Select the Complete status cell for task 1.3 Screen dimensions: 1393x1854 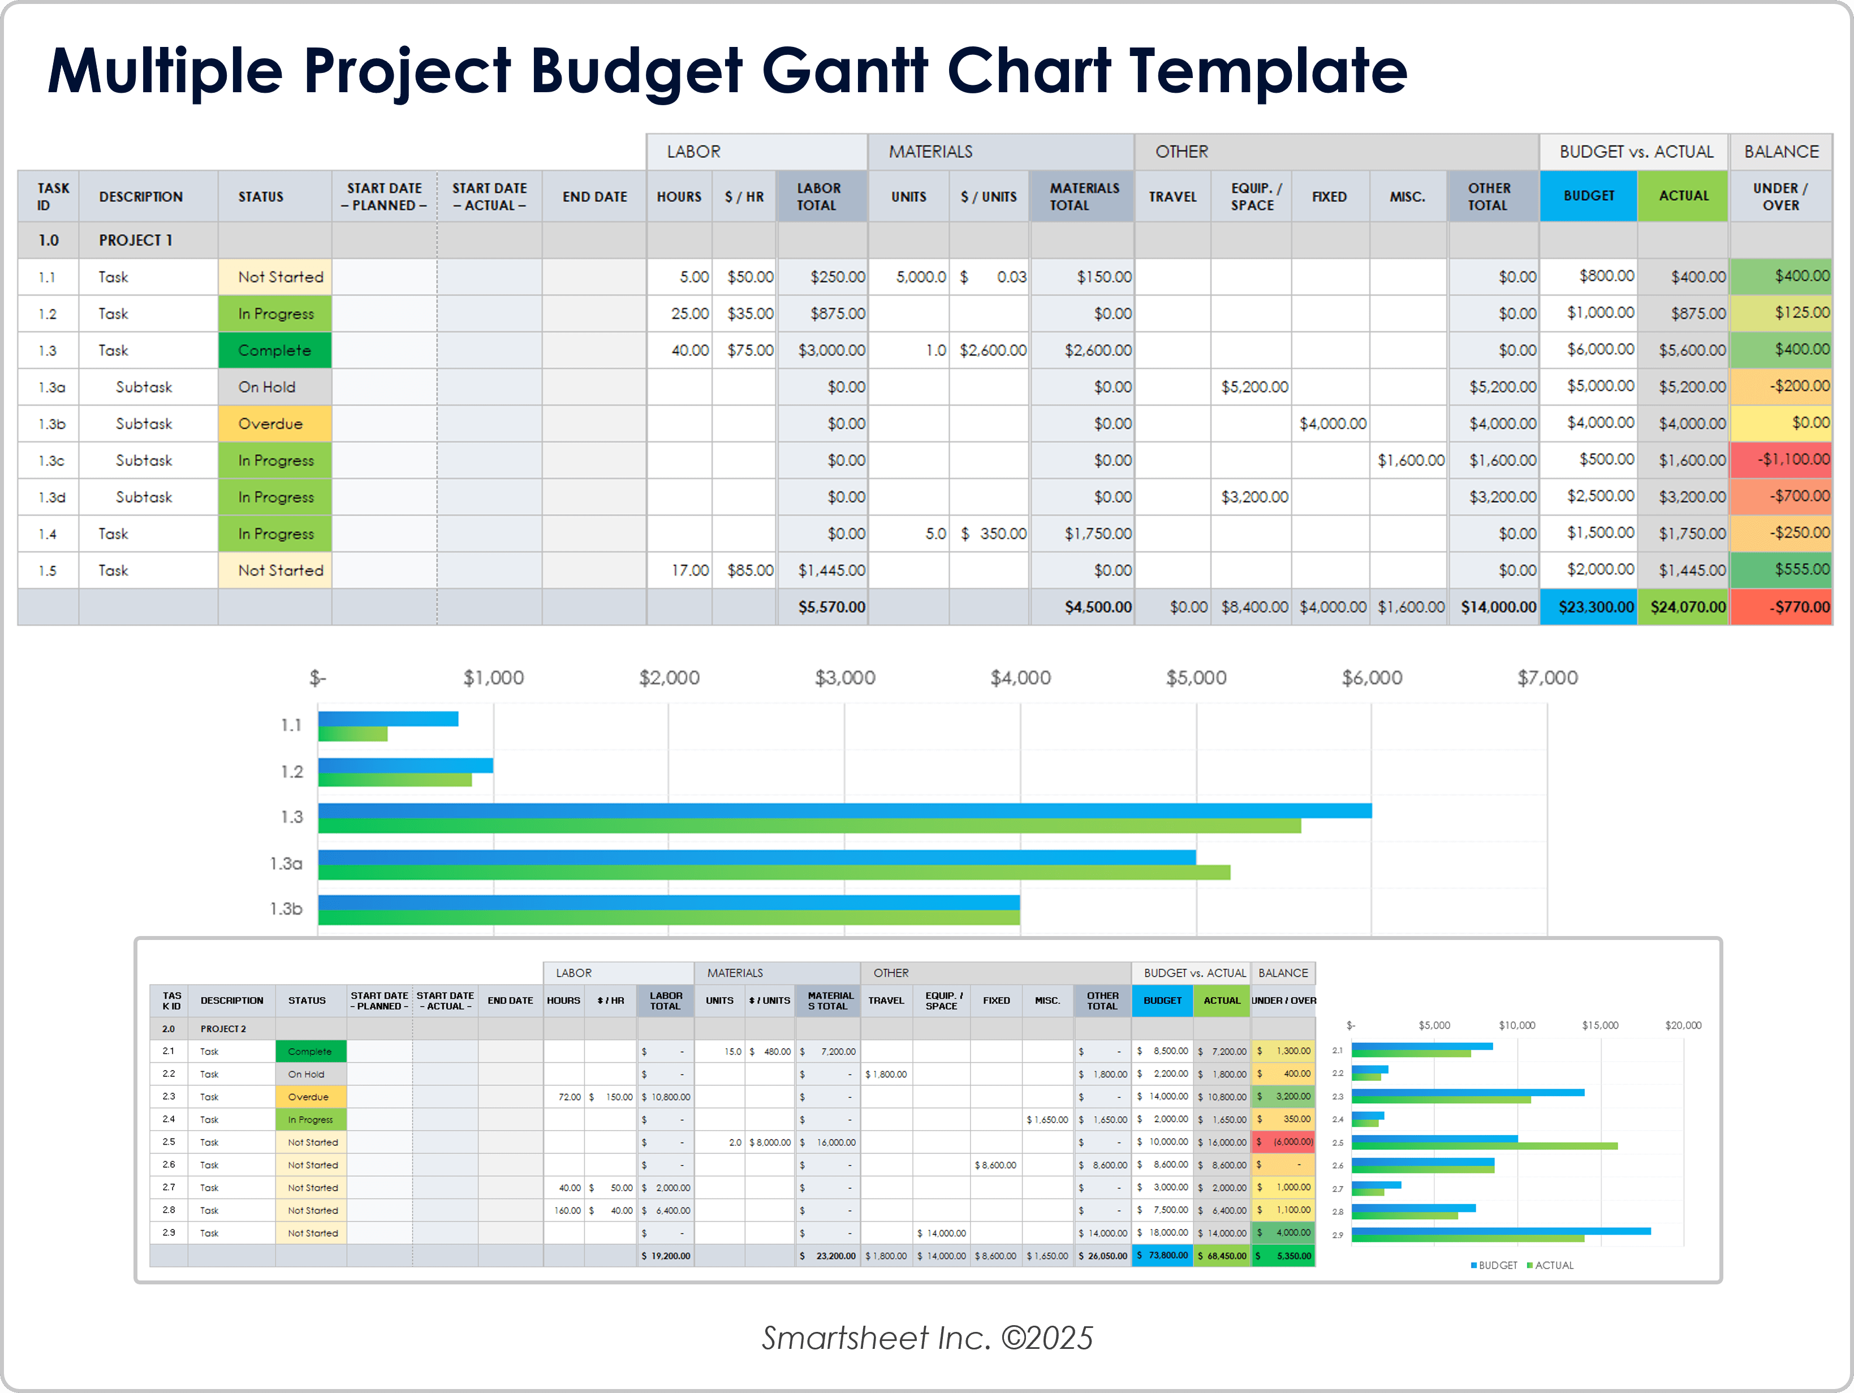pyautogui.click(x=274, y=350)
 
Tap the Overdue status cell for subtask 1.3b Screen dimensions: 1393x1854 pyautogui.click(x=274, y=423)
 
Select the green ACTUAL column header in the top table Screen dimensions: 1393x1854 pyautogui.click(x=1683, y=196)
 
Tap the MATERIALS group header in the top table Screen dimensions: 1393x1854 pyautogui.click(x=930, y=152)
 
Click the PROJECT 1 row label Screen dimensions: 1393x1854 pyautogui.click(x=135, y=240)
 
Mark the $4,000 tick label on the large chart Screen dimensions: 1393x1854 pyautogui.click(x=1020, y=677)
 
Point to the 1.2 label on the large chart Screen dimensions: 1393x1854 pyautogui.click(x=292, y=771)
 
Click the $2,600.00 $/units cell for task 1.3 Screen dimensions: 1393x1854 pyautogui.click(x=993, y=350)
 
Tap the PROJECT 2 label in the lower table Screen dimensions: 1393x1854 pyautogui.click(x=223, y=1028)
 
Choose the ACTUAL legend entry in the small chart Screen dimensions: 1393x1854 pyautogui.click(x=1553, y=1265)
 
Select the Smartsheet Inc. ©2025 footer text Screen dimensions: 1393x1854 pyautogui.click(x=927, y=1338)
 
